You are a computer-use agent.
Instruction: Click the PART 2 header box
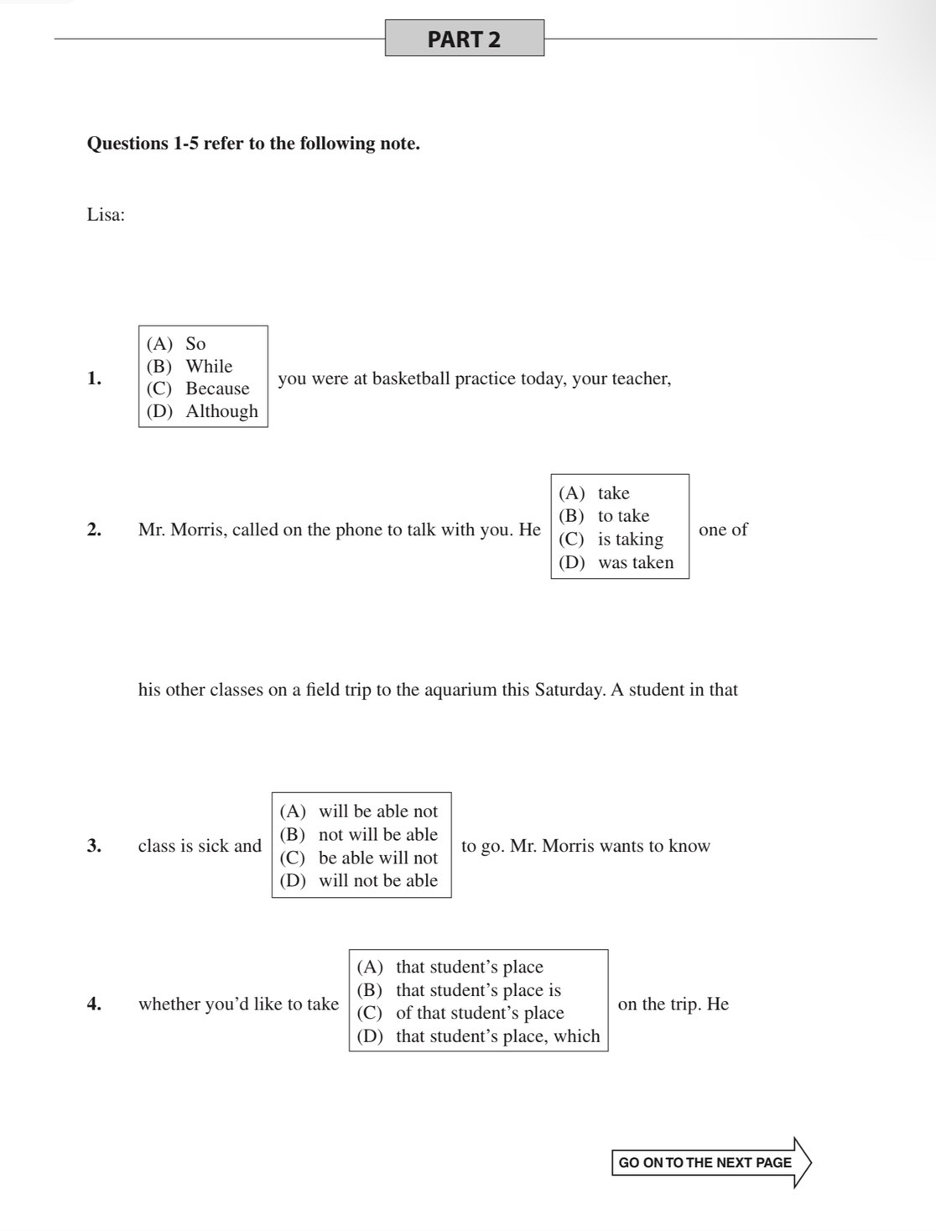(464, 39)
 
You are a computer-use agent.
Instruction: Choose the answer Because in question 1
(199, 389)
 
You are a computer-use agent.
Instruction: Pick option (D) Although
(202, 411)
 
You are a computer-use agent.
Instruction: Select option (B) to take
(605, 515)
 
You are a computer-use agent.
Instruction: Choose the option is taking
(611, 539)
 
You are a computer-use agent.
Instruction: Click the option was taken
(616, 562)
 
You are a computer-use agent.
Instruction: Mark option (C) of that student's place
(461, 1013)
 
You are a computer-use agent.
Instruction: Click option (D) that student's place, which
(478, 1036)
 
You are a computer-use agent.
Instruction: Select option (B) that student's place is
(460, 990)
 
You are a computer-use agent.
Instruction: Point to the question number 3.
(94, 845)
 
